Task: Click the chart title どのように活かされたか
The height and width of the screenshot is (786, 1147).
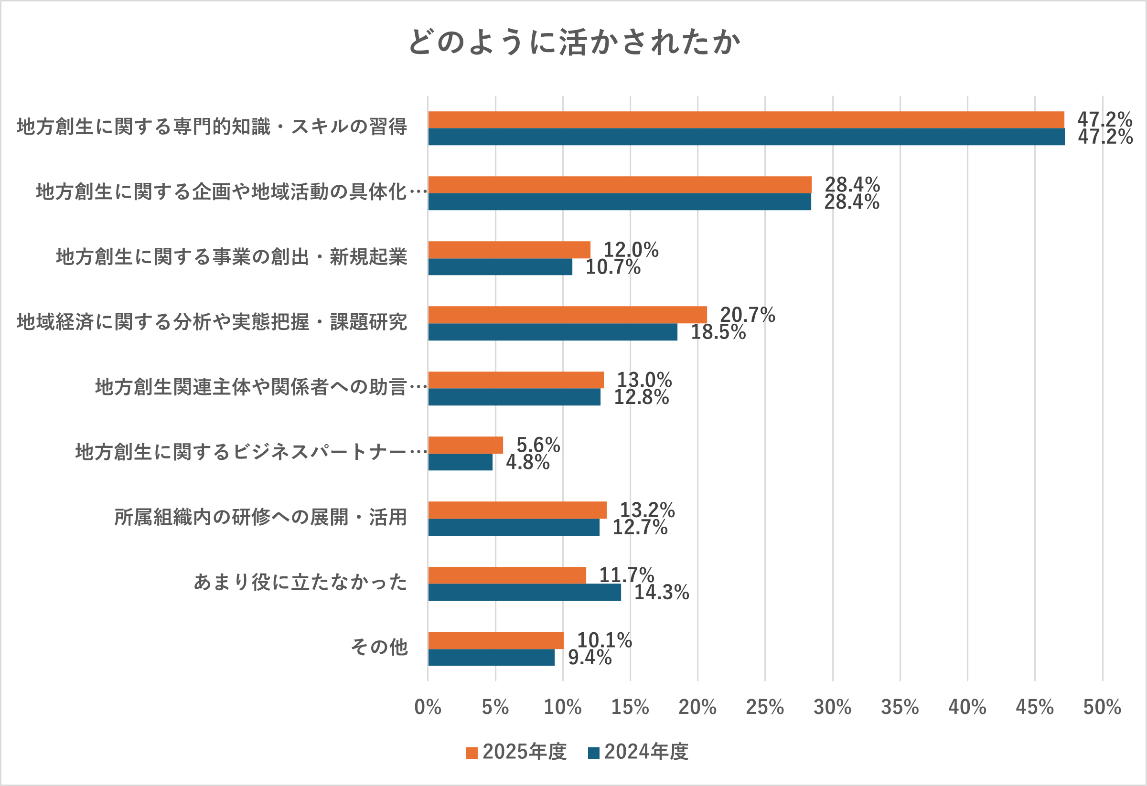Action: (574, 42)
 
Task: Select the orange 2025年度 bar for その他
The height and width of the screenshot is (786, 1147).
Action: (495, 640)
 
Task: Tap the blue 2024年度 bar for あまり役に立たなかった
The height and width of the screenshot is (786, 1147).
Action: (524, 592)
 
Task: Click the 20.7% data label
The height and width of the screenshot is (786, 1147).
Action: (747, 315)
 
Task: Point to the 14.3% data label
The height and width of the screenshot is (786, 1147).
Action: (661, 592)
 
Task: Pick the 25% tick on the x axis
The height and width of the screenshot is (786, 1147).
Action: (764, 707)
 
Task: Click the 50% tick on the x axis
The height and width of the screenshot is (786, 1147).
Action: (1102, 707)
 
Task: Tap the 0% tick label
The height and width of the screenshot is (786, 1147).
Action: (428, 707)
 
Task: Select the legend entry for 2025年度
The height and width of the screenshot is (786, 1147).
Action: (517, 752)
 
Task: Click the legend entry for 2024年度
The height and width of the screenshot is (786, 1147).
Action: (639, 752)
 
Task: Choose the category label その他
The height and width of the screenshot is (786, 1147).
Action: (379, 647)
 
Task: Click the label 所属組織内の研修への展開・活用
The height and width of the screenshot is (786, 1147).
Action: (260, 517)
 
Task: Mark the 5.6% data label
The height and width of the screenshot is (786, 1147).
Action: (538, 445)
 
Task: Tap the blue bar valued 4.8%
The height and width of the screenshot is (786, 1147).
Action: (460, 462)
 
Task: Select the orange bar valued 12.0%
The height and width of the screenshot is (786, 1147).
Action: (509, 250)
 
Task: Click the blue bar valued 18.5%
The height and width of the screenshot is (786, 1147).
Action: (552, 332)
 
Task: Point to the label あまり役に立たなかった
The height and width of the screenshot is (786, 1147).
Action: (300, 582)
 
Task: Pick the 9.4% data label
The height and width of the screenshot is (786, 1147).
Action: (590, 657)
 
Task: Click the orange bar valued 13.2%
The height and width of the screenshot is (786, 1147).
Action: (517, 510)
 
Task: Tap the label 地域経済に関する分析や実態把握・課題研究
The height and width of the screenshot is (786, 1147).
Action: (212, 322)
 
